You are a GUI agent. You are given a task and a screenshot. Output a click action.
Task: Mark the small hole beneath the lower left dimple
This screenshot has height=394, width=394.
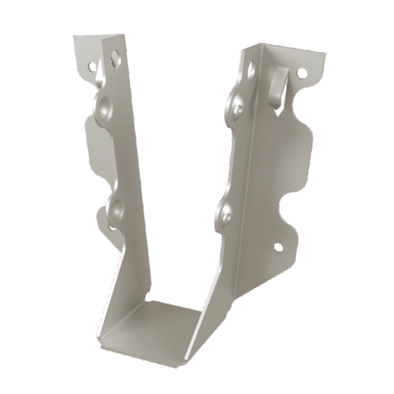112,227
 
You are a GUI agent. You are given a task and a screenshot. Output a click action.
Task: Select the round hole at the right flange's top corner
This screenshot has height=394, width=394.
302,73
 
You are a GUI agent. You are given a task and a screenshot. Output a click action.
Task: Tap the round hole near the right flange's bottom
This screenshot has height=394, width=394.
278,247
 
